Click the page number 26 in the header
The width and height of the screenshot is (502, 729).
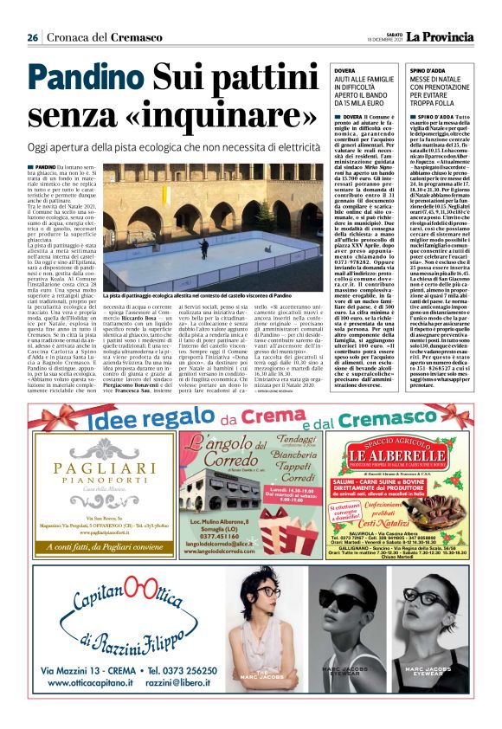pyautogui.click(x=33, y=37)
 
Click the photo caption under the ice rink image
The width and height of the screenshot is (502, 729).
pyautogui.click(x=212, y=296)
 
